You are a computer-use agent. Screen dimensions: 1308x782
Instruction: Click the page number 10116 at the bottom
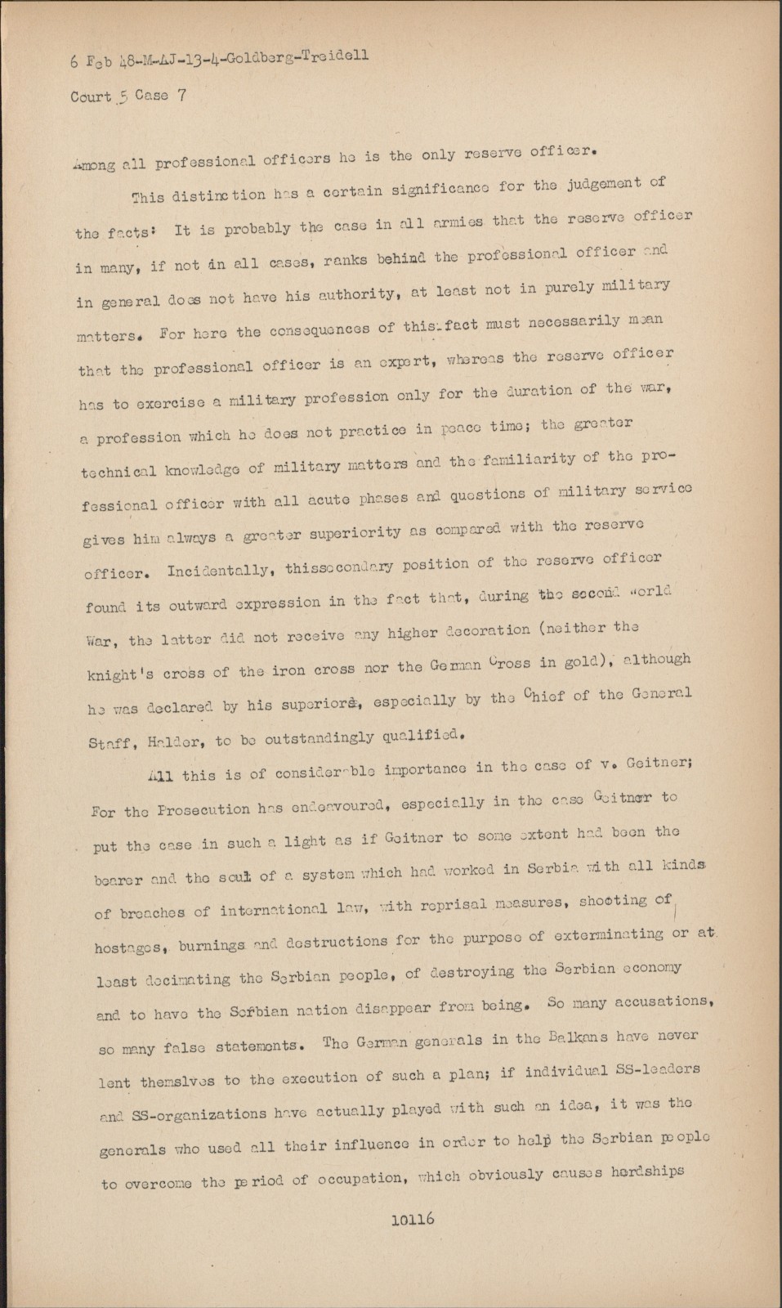413,1219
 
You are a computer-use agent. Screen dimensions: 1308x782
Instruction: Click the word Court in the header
90,96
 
